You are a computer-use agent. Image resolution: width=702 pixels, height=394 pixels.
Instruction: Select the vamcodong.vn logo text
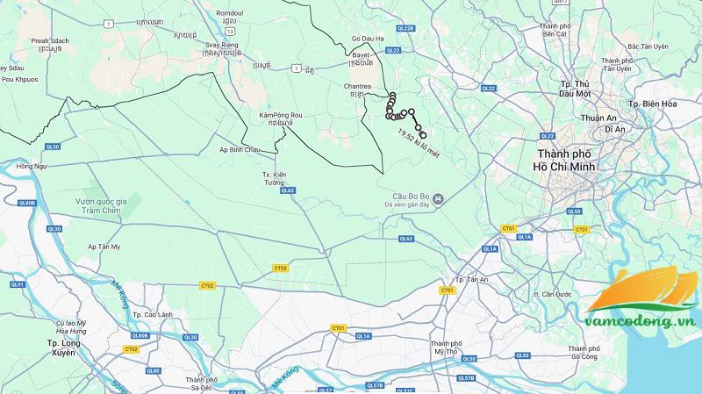click(643, 323)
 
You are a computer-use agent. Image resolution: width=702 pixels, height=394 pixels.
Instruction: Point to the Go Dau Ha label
click(369, 39)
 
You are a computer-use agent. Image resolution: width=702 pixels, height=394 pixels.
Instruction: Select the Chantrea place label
click(355, 86)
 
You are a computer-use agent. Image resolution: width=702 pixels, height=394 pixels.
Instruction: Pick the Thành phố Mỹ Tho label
click(447, 347)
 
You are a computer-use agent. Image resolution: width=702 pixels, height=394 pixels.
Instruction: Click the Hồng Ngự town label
click(29, 166)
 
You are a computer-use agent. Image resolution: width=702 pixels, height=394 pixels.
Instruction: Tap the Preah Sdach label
click(49, 39)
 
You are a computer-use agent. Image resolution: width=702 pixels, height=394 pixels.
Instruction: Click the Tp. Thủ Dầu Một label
click(575, 88)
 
